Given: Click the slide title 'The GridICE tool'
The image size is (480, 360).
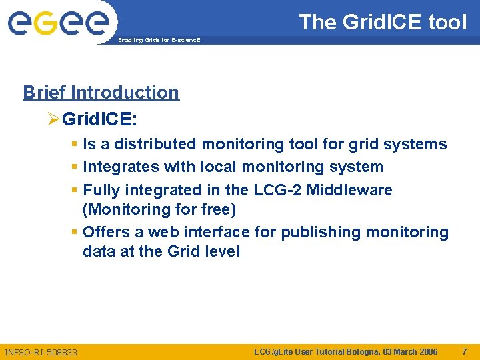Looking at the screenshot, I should point(383,22).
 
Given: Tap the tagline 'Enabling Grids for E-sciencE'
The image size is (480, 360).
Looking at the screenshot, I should point(159,41).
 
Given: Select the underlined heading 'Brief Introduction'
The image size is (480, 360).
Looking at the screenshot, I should point(101,92).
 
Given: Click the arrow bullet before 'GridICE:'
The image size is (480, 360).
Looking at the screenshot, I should point(54,119).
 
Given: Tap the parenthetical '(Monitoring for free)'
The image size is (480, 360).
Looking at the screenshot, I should point(159,209).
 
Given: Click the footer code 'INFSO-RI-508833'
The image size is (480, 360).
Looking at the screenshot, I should point(41,351).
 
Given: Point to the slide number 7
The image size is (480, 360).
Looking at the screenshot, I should point(464,351).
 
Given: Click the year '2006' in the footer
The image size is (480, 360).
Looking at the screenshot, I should point(427,351).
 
